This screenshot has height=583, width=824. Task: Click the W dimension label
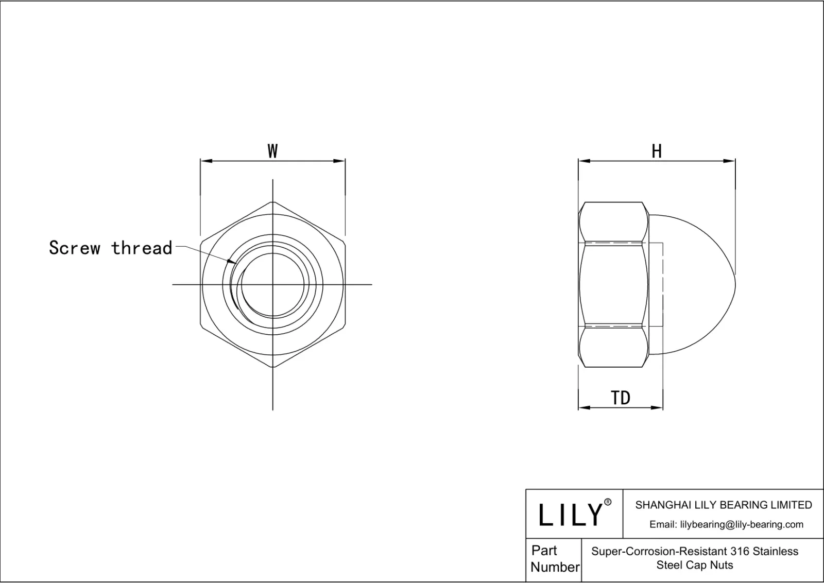coord(272,151)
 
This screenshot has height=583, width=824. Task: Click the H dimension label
coord(657,151)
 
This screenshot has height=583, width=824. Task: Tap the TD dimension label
coord(621,398)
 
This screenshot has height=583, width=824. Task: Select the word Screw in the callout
coord(75,248)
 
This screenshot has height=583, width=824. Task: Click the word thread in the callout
coord(142,248)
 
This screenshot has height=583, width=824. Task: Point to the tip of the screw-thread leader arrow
coord(235,263)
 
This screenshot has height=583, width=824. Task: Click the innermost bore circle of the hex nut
coord(272,285)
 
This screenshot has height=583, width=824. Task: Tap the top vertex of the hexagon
coord(272,202)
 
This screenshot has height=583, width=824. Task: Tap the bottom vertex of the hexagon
coord(272,367)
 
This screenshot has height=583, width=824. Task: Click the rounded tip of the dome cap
coord(734,284)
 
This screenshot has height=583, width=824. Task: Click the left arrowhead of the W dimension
coord(204,161)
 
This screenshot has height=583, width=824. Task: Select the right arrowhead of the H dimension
coord(731,161)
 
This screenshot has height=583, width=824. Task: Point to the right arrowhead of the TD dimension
coord(659,408)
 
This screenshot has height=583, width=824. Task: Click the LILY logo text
coord(570,515)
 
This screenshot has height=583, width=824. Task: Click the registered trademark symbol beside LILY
coord(608,502)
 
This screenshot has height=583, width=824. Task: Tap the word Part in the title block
coord(544,551)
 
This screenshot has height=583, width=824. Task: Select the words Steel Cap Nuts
coord(695,565)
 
